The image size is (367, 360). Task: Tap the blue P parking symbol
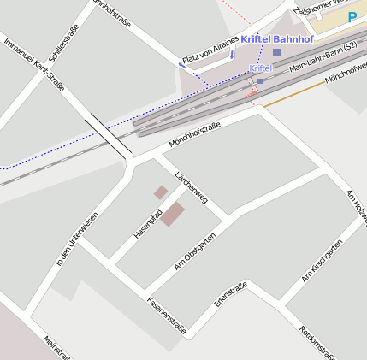pyautogui.click(x=352, y=16)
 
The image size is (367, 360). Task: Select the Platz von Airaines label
pyautogui.click(x=209, y=55)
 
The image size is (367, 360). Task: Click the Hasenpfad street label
pyautogui.click(x=148, y=222)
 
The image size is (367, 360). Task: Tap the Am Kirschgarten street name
pyautogui.click(x=322, y=261)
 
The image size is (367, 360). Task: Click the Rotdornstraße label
pyautogui.click(x=319, y=341)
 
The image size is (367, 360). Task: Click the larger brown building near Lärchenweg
pyautogui.click(x=174, y=214)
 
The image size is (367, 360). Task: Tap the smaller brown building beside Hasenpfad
pyautogui.click(x=161, y=192)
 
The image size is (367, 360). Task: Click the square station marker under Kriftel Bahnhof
pyautogui.click(x=275, y=52)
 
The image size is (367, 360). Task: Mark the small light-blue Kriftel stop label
pyautogui.click(x=260, y=68)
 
